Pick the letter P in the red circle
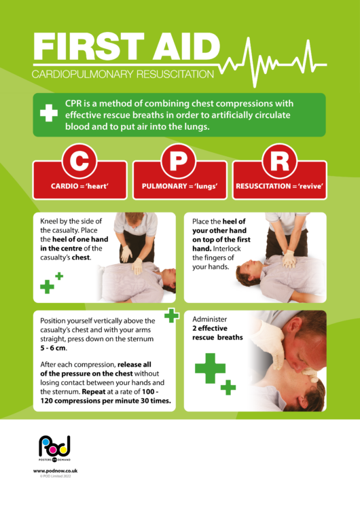(x=180, y=161)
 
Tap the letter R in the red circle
(x=279, y=161)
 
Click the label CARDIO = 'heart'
(x=80, y=186)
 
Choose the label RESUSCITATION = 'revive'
(x=279, y=186)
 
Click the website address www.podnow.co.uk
(x=54, y=470)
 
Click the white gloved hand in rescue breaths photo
(x=270, y=343)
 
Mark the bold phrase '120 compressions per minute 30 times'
(x=105, y=401)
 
